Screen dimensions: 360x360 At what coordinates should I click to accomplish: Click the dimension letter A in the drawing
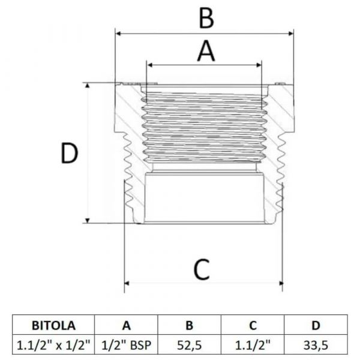click(x=205, y=51)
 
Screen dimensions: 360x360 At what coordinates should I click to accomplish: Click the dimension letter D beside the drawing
click(x=70, y=154)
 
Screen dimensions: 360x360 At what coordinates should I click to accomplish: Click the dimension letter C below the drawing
click(x=202, y=269)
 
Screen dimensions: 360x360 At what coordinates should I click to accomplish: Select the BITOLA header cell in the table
click(x=53, y=325)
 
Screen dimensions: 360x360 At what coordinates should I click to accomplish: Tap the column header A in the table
click(x=127, y=325)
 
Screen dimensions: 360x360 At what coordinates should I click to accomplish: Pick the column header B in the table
click(x=189, y=325)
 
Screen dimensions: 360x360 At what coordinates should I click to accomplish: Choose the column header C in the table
click(x=253, y=325)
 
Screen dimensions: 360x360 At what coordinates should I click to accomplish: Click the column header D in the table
click(x=316, y=325)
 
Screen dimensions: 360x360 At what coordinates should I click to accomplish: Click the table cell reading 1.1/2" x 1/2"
click(x=53, y=344)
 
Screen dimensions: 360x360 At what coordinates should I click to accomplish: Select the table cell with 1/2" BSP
click(x=127, y=344)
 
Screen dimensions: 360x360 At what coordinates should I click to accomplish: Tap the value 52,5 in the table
click(x=189, y=344)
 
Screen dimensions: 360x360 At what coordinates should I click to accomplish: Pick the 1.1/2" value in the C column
click(x=253, y=344)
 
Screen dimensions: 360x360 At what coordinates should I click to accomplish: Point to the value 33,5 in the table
click(x=316, y=344)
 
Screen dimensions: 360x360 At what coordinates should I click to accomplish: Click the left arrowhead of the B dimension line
click(x=118, y=33)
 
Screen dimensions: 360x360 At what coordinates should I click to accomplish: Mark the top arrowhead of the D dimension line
click(x=89, y=86)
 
